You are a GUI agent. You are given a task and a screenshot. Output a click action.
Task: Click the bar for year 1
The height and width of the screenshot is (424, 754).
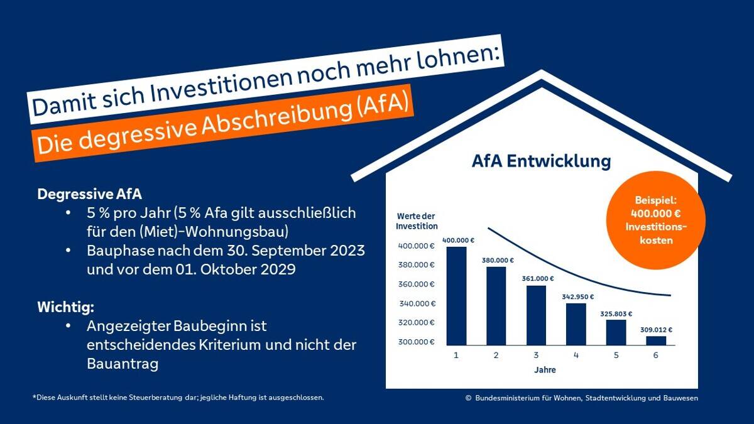pos(457,296)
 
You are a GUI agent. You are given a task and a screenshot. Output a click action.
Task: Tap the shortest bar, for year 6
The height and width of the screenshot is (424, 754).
pos(656,340)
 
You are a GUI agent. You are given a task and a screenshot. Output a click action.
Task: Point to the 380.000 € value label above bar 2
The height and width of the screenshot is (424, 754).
pos(497,260)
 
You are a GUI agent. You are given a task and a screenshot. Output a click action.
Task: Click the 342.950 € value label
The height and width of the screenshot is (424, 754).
pos(577,296)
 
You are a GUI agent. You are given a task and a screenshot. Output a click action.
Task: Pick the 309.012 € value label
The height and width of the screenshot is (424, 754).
pos(656,329)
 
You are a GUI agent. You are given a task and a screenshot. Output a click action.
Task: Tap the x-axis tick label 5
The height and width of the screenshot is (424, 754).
pos(616,356)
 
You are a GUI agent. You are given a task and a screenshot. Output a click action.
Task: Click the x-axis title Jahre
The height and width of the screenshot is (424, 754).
pos(545,370)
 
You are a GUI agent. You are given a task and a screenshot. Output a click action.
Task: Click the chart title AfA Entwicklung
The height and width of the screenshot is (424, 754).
pos(541,161)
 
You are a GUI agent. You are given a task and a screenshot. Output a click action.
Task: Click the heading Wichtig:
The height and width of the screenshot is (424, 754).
pos(66,308)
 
